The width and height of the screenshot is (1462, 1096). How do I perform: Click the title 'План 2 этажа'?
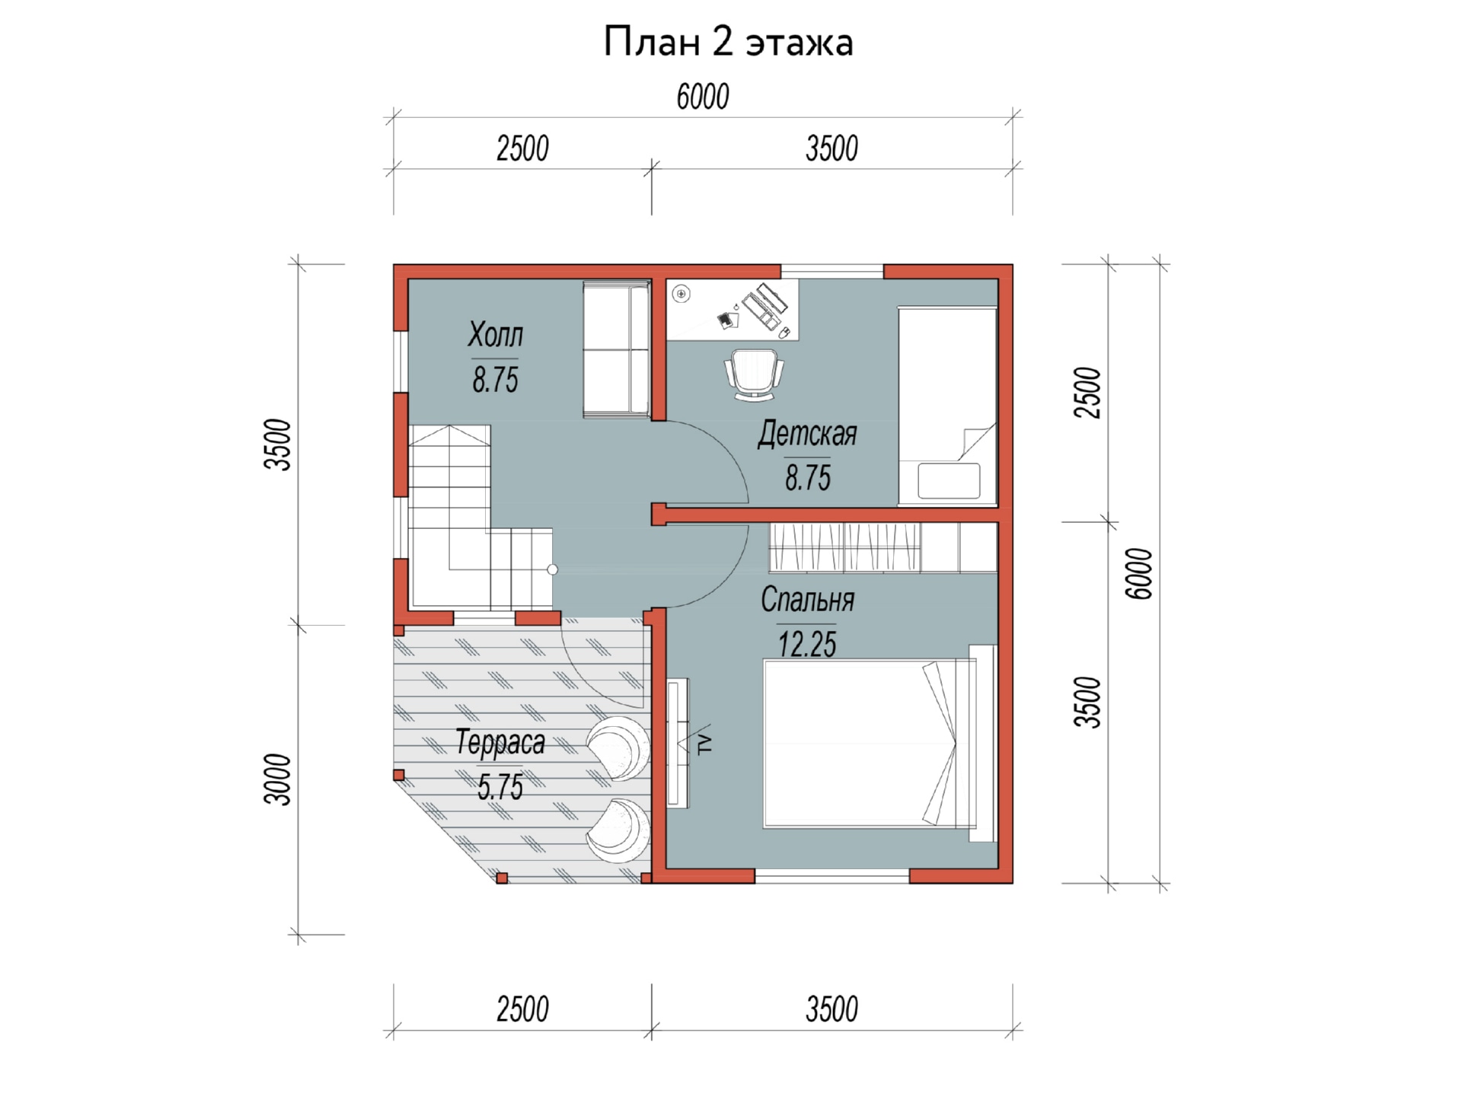point(729,42)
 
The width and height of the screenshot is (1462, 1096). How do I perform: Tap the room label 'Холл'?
point(496,335)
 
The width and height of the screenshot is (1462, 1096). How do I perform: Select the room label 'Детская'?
point(808,435)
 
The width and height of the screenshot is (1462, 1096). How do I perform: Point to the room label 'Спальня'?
point(808,600)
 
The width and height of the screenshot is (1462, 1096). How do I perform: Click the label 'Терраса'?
point(500,743)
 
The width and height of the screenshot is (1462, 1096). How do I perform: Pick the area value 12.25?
point(807,645)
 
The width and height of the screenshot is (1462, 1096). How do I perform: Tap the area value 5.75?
point(500,787)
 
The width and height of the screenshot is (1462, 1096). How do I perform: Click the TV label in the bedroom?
point(706,743)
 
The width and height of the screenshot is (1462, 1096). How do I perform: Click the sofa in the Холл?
point(616,349)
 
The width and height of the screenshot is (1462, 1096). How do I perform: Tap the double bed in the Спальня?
point(879,743)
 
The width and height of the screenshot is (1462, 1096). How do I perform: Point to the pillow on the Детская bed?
point(949,481)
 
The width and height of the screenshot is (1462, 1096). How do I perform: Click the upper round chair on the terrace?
point(618,747)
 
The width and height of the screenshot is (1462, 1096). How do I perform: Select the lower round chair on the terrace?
point(618,830)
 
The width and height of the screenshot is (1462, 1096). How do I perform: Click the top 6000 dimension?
point(703,97)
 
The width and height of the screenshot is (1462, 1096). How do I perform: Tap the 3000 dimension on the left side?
point(278,779)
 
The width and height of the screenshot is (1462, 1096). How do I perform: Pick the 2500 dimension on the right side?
point(1087,393)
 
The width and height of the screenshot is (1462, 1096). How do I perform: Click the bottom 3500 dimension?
point(832,1009)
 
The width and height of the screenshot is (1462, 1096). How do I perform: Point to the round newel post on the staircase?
point(552,569)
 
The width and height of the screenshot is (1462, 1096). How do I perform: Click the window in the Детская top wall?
point(832,272)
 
